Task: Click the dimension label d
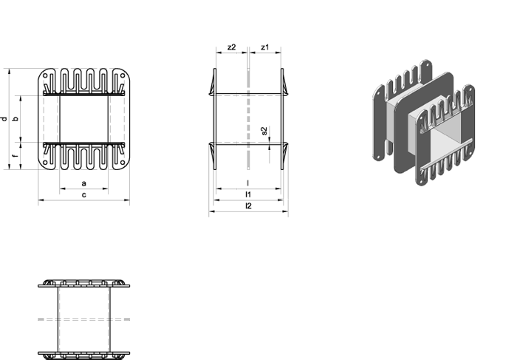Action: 4,119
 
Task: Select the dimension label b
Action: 16,119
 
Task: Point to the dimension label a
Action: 83,183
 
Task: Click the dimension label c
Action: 83,195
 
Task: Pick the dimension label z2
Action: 232,47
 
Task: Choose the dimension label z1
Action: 264,47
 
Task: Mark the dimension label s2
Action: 264,131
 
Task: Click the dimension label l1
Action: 248,194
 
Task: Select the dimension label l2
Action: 248,206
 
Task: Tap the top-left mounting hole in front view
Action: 45,76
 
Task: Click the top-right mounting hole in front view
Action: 123,76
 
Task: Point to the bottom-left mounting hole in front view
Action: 45,163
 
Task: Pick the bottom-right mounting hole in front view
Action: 123,163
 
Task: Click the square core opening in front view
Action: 83,119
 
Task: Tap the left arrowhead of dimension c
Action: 41,200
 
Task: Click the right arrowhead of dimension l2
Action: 286,211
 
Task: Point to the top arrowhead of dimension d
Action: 10,72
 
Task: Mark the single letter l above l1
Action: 248,183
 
